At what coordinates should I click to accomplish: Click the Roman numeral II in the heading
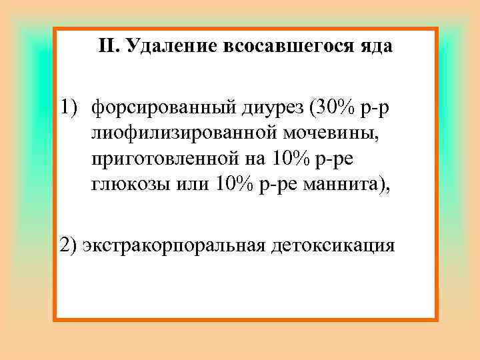[107, 47]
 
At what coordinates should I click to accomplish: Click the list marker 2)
[69, 245]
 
